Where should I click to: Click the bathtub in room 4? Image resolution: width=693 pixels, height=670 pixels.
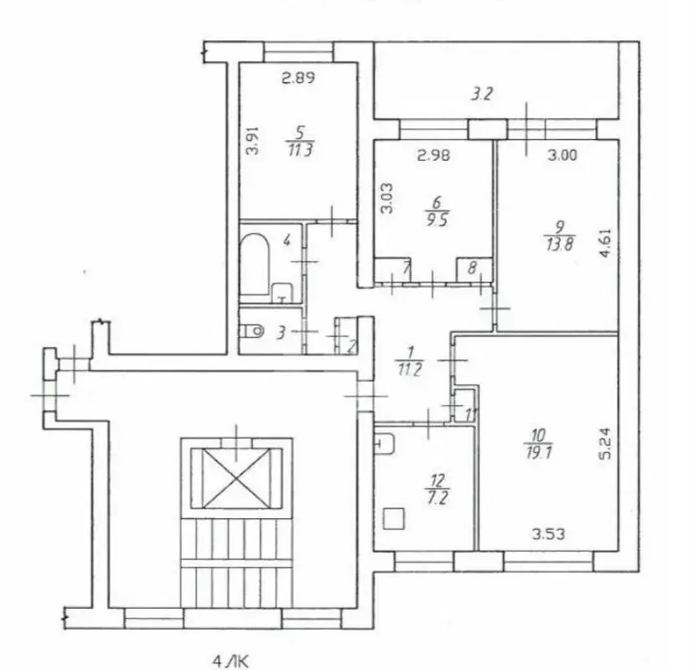[x=254, y=264]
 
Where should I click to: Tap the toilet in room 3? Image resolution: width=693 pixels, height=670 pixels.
[x=251, y=330]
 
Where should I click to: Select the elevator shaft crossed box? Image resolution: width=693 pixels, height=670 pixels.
[x=236, y=478]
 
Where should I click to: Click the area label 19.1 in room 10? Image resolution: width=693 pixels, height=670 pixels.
[x=539, y=453]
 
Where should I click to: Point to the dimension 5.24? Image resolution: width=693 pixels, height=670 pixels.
[x=605, y=443]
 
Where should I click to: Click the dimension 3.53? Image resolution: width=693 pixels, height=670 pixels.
[x=548, y=534]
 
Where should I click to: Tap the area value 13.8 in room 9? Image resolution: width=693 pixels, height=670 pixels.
[x=560, y=244]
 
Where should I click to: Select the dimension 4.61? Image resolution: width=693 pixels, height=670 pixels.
[x=605, y=242]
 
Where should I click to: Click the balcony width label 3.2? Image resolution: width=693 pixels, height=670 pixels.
[x=482, y=94]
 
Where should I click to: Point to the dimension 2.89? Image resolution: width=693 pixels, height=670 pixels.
[x=298, y=78]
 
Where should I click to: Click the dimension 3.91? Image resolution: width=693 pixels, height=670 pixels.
[x=252, y=141]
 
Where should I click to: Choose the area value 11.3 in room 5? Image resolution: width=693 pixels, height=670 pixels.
[x=301, y=149]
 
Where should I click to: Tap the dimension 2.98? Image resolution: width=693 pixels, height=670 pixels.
[x=434, y=155]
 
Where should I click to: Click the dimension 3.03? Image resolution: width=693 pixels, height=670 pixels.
[x=387, y=199]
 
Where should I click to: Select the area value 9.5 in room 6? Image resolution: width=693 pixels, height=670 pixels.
[x=437, y=220]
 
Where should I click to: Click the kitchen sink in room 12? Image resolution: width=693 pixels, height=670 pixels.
[x=384, y=444]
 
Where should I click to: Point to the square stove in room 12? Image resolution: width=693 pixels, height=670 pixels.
[x=394, y=519]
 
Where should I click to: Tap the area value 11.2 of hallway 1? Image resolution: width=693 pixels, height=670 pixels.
[x=410, y=369]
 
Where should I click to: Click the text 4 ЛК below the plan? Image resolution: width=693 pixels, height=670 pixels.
[x=230, y=662]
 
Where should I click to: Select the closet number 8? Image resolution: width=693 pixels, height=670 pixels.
[x=473, y=267]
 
